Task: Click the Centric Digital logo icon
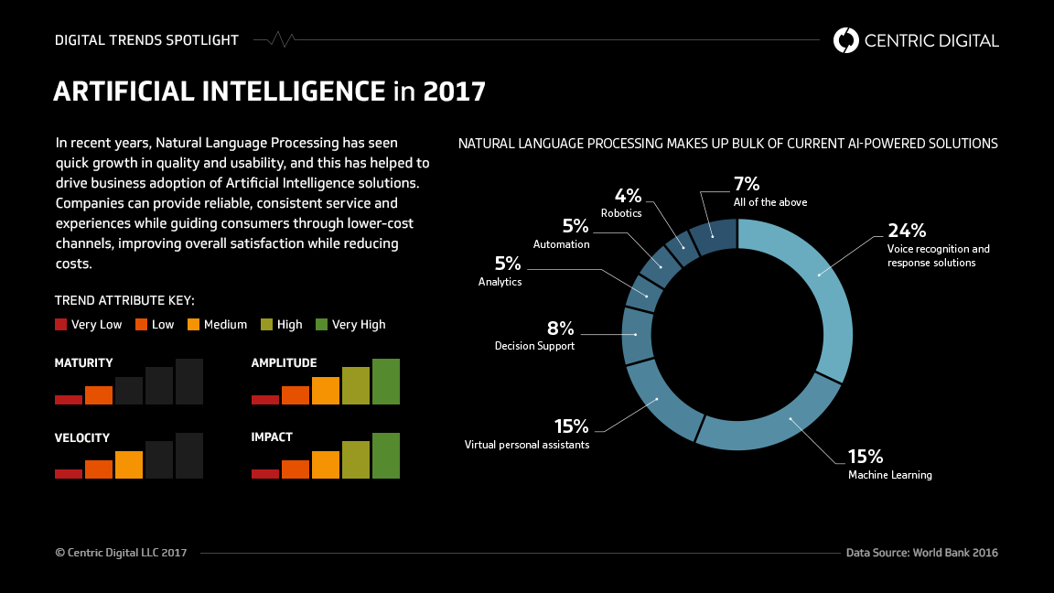coord(846,40)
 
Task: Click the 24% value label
coord(906,231)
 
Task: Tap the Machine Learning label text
coord(889,475)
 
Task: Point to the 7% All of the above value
coord(747,184)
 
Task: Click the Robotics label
coord(621,213)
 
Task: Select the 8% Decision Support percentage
coord(560,329)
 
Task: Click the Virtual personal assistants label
coord(526,445)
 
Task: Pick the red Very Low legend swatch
coord(61,324)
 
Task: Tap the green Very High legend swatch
coord(321,324)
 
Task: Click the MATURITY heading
coord(83,363)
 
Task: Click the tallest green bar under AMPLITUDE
coord(386,382)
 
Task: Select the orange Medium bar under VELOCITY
coord(129,465)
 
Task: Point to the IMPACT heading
coord(272,437)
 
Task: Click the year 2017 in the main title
coord(454,92)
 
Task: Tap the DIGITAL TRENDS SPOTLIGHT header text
coord(146,40)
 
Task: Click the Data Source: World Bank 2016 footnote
coord(921,553)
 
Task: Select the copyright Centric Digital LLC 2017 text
coord(121,553)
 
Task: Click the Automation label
coord(561,244)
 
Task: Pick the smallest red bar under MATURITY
coord(69,400)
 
